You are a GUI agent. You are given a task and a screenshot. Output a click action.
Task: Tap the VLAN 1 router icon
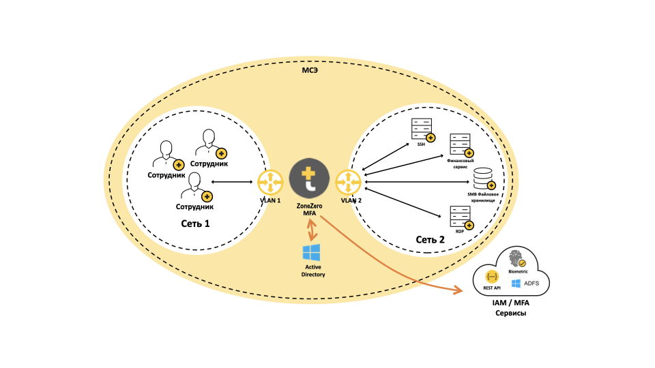point(271,182)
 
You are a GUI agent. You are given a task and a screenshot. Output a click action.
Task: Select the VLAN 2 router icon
point(349,182)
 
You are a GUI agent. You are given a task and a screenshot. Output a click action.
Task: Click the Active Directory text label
point(313,271)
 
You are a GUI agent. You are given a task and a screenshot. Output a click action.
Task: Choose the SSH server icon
point(421,129)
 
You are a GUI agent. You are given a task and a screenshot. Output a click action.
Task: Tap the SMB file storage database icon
point(483,179)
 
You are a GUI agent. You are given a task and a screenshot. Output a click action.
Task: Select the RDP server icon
point(459,217)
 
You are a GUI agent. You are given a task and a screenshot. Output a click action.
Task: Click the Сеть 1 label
point(195,224)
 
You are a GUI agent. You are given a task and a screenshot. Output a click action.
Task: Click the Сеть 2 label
point(430,239)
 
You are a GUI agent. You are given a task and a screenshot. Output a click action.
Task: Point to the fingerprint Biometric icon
point(516,258)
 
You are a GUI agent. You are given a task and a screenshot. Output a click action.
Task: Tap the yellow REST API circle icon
point(492,277)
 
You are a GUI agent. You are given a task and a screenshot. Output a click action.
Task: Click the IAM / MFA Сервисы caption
point(511,307)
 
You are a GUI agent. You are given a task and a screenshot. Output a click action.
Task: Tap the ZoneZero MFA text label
point(310,209)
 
